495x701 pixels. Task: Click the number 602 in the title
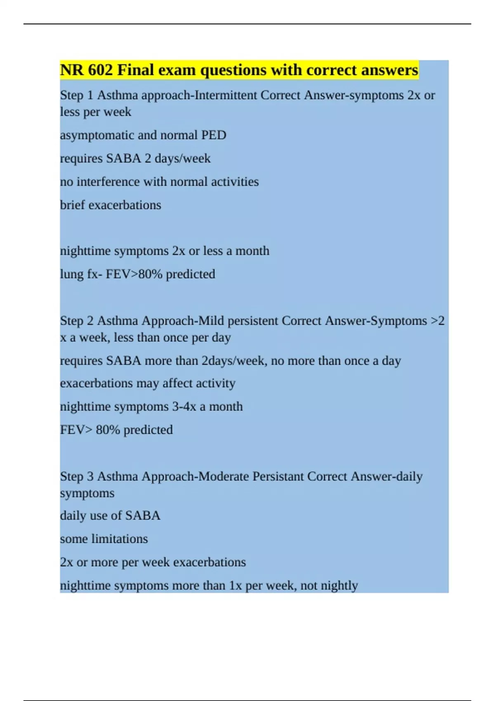pyautogui.click(x=100, y=70)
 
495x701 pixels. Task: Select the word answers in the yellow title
pyautogui.click(x=389, y=70)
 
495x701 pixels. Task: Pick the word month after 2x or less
pyautogui.click(x=252, y=251)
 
